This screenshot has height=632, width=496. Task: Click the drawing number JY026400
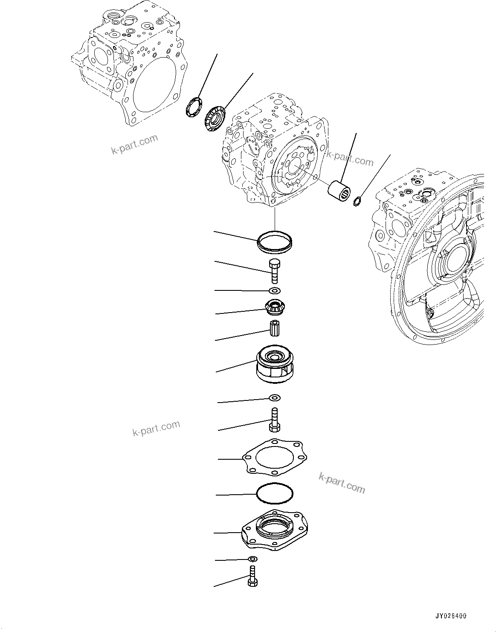tap(451, 616)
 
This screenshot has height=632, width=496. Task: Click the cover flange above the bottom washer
tap(275, 530)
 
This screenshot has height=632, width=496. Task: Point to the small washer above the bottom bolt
tap(252, 559)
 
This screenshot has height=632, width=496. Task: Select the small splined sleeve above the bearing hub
tap(275, 328)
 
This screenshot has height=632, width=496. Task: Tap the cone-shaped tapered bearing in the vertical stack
tap(275, 306)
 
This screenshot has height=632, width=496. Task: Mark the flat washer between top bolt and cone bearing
tap(275, 291)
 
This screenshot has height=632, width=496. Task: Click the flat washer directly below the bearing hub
tap(275, 398)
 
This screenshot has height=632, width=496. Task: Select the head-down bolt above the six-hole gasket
tap(275, 420)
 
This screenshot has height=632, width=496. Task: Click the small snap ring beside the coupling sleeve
tap(357, 200)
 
